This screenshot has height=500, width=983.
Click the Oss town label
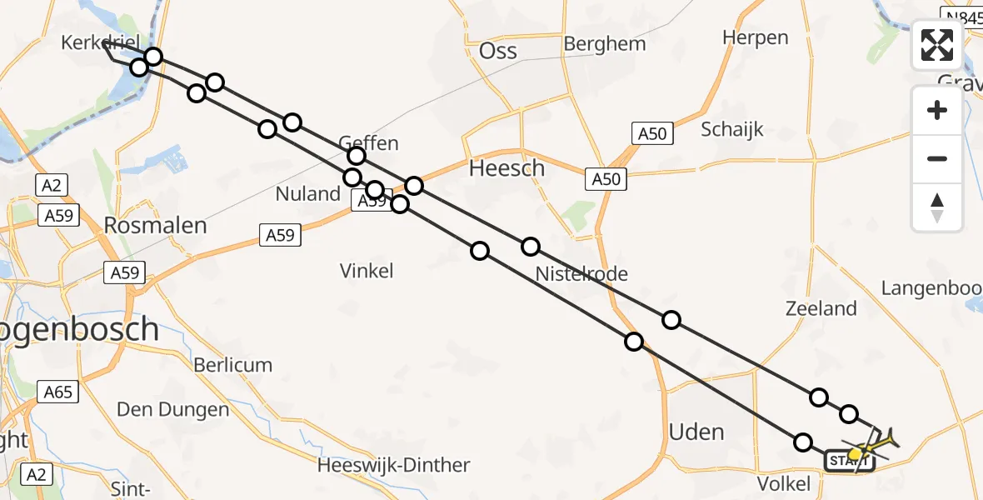497,51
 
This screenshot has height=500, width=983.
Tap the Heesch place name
506,168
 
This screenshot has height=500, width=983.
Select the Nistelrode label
581,273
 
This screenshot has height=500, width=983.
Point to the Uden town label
696,432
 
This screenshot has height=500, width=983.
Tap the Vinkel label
367,270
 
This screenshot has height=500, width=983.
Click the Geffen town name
368,142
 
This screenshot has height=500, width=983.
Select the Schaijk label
731,129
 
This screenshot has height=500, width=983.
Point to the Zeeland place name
821,308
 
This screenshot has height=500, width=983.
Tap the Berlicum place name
232,365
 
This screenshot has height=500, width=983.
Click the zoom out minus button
937,158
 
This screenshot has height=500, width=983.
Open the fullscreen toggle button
937,45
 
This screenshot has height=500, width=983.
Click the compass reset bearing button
937,207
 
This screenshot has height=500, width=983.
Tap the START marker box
848,460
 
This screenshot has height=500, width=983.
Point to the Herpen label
755,37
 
